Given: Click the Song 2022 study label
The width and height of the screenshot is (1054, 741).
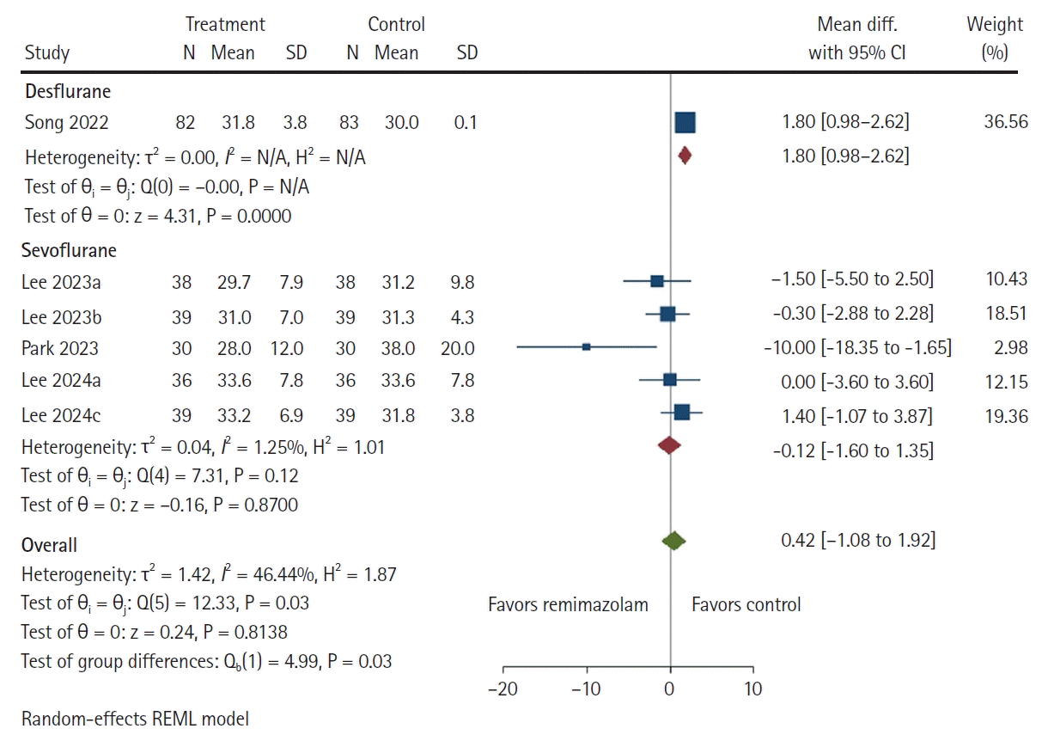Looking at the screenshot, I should coord(66,123).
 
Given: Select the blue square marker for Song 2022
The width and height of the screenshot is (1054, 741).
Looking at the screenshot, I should coord(685,123).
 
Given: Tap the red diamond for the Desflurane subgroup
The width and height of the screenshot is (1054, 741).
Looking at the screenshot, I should coord(685,156).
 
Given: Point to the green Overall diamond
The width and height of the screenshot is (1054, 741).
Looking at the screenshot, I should coord(673,541).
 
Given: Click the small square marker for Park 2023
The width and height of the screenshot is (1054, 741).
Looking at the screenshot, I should coord(586,347).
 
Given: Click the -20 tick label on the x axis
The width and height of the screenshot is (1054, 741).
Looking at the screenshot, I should coord(503,689).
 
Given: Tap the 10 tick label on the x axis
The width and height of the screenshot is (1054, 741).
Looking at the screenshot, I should coord(752,689).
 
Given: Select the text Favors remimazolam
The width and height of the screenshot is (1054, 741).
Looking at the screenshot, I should coord(568,604).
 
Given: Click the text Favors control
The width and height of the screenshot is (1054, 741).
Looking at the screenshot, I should coord(746,604).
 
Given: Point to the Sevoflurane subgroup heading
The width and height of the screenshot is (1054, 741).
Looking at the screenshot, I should coord(70,251).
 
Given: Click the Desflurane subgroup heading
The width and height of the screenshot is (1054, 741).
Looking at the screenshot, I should coord(68,91).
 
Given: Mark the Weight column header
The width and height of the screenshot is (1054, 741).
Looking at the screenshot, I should coord(995,24).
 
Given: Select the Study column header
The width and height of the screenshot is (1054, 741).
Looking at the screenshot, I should coord(47,53).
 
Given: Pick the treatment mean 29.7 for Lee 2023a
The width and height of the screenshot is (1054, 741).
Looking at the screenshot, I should coord(233,280).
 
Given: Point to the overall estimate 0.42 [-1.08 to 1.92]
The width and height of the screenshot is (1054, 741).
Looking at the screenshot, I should coord(857,541).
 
